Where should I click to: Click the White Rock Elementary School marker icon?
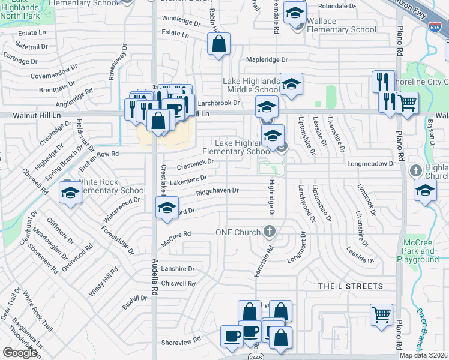(x=71, y=193)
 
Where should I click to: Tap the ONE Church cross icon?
(x=270, y=232)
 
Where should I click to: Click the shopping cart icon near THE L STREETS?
(x=382, y=313)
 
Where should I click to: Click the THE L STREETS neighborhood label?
(x=350, y=286)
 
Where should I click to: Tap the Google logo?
(x=20, y=353)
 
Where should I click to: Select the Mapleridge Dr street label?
(x=268, y=60)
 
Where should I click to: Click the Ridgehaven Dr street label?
(x=217, y=191)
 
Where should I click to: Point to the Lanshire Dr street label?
(x=178, y=269)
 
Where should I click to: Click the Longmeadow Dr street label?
(x=371, y=163)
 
